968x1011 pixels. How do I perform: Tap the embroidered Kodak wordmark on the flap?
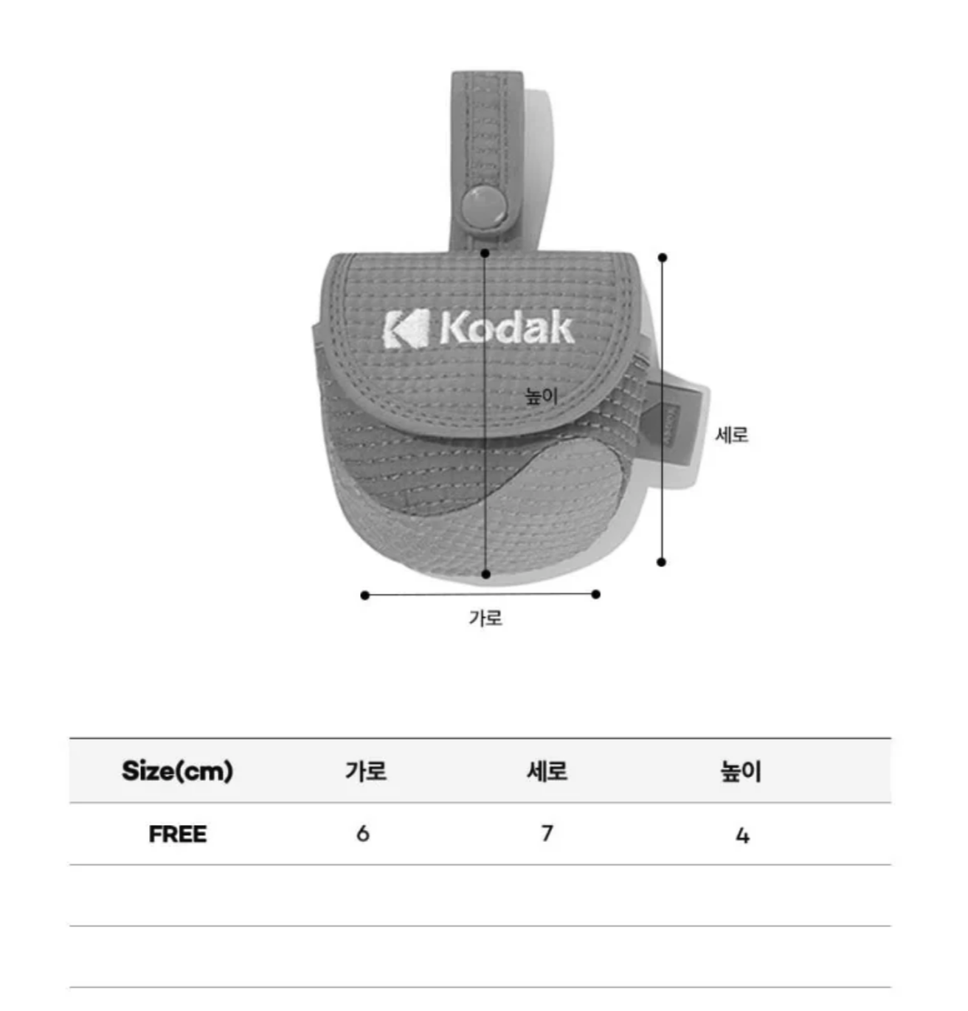(x=506, y=328)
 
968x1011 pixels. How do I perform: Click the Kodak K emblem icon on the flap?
(x=406, y=328)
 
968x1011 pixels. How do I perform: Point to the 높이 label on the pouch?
(x=541, y=396)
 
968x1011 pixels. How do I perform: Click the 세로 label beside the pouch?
(x=732, y=435)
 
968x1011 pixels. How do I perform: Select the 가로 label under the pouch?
(x=485, y=618)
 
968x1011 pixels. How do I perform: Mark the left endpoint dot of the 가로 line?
(x=365, y=596)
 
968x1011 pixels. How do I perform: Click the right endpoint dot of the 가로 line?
(x=595, y=594)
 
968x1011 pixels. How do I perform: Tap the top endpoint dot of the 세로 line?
(x=662, y=258)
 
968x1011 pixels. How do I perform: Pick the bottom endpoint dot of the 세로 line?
(x=661, y=562)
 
